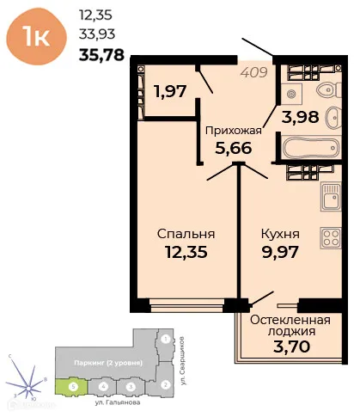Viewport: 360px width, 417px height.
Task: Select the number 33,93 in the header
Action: point(96,35)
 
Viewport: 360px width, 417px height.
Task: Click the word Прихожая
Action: point(231,132)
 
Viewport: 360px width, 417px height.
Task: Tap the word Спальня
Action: point(185,234)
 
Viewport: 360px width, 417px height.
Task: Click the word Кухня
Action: point(279,234)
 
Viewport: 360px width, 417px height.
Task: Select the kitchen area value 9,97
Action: point(279,253)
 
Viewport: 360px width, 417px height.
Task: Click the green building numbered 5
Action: point(74,387)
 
